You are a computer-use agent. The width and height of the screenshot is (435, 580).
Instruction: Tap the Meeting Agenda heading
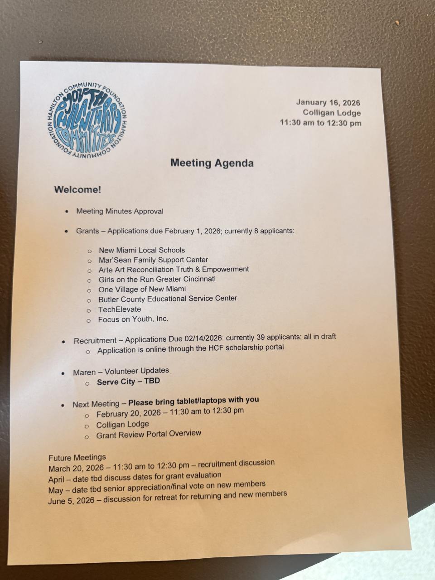click(x=212, y=163)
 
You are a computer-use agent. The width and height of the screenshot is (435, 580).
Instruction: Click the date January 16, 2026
click(x=328, y=103)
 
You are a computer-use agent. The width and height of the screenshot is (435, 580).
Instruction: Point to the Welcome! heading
click(x=77, y=189)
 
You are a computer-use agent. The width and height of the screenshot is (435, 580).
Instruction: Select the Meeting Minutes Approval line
click(x=120, y=211)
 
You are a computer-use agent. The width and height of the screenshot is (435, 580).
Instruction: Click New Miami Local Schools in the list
click(x=142, y=250)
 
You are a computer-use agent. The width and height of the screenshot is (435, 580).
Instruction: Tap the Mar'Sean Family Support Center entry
click(x=153, y=260)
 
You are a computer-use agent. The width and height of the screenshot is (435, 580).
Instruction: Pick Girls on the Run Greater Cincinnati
click(x=157, y=279)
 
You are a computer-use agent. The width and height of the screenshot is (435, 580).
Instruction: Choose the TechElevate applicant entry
click(x=120, y=309)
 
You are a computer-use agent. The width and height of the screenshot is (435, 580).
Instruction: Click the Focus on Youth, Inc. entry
click(x=133, y=319)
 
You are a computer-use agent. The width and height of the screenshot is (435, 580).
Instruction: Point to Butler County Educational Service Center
click(x=168, y=299)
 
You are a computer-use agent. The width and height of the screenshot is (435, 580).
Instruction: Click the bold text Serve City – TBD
click(x=128, y=382)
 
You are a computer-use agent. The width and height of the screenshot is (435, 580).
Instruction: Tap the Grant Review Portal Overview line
click(x=149, y=434)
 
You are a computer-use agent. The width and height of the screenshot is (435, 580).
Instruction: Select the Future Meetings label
click(x=77, y=457)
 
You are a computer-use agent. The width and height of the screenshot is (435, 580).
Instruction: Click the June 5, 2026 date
click(x=71, y=501)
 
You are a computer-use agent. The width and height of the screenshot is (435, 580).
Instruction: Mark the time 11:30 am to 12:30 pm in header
click(x=320, y=123)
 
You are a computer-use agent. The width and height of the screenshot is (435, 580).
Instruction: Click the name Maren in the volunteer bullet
click(x=84, y=372)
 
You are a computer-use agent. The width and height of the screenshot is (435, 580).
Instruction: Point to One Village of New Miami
click(x=142, y=289)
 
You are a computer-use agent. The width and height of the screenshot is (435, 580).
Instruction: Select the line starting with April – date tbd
click(x=135, y=477)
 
